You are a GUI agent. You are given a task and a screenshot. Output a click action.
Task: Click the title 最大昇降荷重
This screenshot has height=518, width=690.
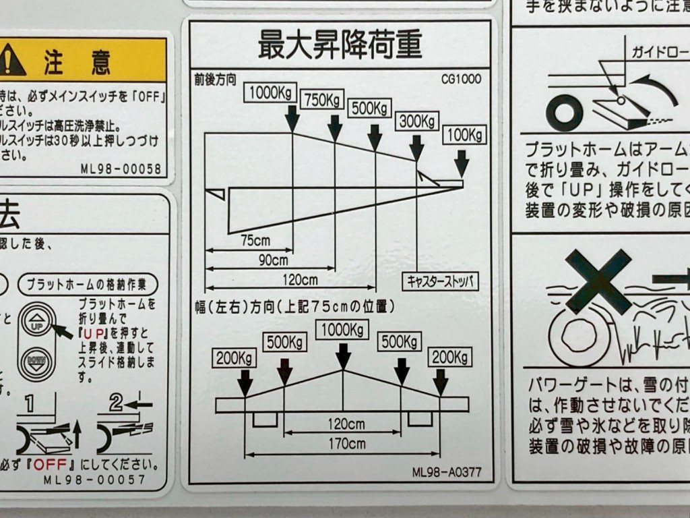coord(340,45)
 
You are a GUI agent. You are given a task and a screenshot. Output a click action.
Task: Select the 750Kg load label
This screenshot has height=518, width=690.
coord(322,100)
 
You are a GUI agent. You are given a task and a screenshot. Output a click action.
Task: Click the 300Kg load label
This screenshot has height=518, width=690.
coord(416,121)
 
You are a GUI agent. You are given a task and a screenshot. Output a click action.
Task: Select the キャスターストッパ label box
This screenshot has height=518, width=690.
coord(440,281)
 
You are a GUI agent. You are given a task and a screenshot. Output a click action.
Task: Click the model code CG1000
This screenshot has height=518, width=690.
coord(462,79)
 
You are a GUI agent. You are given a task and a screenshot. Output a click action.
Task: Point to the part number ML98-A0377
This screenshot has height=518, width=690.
coord(447,472)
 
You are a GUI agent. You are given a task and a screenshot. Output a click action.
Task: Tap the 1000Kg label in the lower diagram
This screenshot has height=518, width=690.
coord(343,329)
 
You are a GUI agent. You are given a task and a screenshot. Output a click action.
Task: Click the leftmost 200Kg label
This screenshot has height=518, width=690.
coord(234,357)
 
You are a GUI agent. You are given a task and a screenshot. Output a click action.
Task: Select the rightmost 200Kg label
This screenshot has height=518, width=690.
coord(449,356)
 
